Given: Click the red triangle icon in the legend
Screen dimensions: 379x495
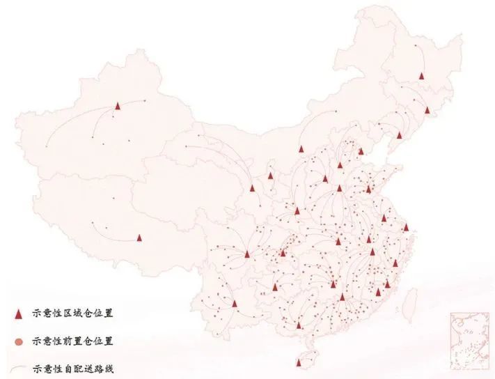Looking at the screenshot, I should point(19,314).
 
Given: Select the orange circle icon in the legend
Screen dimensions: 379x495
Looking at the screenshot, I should point(19,341).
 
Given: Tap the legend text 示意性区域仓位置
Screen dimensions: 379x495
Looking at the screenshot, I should point(73,314).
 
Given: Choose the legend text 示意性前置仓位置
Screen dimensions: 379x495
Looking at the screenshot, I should point(73,341).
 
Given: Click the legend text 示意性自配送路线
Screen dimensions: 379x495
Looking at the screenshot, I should point(73,369).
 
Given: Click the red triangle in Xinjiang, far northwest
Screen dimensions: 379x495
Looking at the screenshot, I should point(118,106).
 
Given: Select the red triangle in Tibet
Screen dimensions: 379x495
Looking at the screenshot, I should point(139,238).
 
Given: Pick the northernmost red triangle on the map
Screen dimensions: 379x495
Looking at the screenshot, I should point(421,76).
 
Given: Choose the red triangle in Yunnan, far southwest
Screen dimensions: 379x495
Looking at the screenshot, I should point(235,304).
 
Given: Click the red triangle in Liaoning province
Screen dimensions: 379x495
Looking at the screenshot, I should point(399,134).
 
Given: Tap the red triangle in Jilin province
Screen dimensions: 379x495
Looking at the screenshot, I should point(427,109).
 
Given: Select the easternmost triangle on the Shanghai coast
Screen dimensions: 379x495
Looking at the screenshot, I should point(406,226).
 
